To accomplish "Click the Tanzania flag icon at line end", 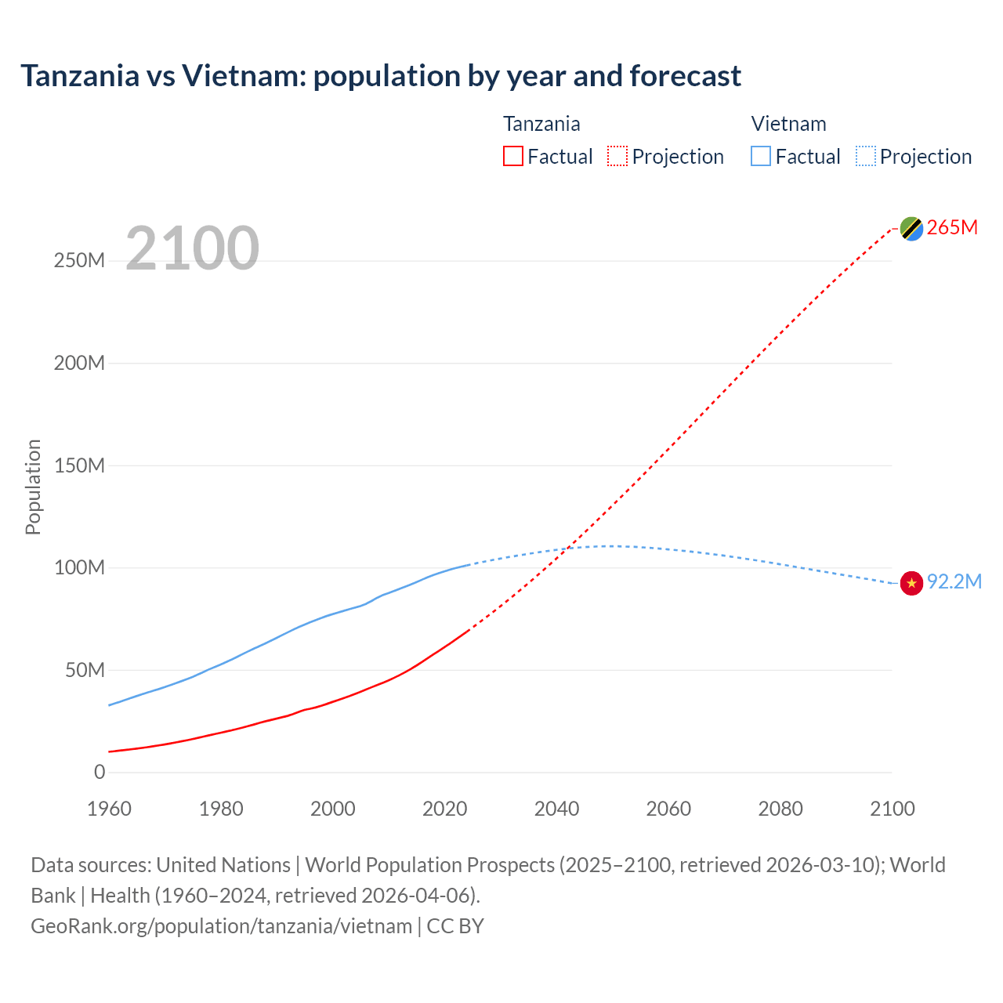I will (x=911, y=228).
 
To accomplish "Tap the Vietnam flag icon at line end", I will (x=911, y=583).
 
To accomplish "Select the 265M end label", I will (x=952, y=227).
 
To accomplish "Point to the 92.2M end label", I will (x=954, y=581).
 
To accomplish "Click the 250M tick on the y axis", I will (x=79, y=261).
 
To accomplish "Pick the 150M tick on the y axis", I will (x=79, y=465).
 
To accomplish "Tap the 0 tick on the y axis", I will (x=100, y=772).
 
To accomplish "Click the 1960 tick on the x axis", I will (x=109, y=809).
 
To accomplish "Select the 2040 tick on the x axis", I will (x=556, y=809).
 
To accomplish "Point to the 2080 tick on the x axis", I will (x=780, y=809).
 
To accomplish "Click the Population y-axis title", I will (x=33, y=487).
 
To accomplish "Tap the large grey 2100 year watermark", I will (x=192, y=248).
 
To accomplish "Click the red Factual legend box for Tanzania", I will (x=513, y=156).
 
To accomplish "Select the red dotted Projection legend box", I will (x=617, y=156).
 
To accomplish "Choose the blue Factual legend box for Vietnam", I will (x=761, y=156).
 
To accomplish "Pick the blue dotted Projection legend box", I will (x=866, y=156).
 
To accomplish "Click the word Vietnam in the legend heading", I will (x=788, y=124).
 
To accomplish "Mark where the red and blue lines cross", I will (x=566, y=548).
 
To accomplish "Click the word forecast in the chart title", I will (x=685, y=76).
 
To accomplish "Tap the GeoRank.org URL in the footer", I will (x=221, y=925).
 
